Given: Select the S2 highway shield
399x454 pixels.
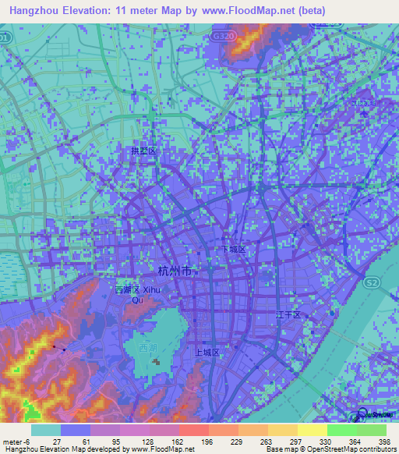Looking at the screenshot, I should click(373, 281).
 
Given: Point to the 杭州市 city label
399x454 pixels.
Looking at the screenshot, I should click(174, 271).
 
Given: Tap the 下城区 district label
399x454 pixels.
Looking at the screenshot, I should click(233, 250).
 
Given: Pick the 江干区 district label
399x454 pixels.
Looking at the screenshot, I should click(288, 314).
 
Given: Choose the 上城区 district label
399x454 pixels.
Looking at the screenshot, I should click(208, 352).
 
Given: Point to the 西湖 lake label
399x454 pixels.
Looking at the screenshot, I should click(147, 348).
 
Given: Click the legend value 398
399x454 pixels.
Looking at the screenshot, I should click(383, 442).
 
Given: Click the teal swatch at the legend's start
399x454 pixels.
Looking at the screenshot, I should click(45, 430).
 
